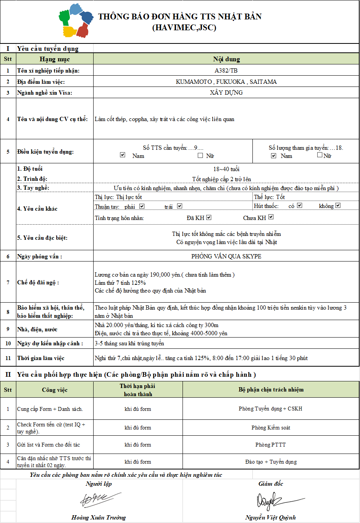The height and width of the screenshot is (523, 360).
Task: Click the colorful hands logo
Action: click(x=76, y=21)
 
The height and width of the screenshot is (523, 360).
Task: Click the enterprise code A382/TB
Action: click(x=226, y=71)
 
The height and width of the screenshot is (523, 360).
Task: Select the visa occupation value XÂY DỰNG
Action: click(x=226, y=93)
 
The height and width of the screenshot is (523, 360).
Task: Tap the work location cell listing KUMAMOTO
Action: click(x=226, y=82)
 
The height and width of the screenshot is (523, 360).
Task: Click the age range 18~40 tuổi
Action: click(x=226, y=169)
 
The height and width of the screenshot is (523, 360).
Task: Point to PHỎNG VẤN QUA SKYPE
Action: click(x=226, y=256)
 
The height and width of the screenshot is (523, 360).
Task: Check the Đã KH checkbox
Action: click(x=209, y=218)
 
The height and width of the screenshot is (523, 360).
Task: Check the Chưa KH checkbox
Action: click(x=271, y=217)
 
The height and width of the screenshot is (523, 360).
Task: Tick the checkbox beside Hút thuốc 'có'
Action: click(x=299, y=206)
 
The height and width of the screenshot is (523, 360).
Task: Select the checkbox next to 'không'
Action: click(x=338, y=206)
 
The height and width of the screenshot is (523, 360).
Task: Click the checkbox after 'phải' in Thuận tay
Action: click(x=142, y=206)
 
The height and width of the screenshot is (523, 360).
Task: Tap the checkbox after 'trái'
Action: click(x=179, y=206)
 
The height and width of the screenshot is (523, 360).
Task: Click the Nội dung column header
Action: click(x=226, y=59)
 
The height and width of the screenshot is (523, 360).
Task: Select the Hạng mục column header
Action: click(x=55, y=59)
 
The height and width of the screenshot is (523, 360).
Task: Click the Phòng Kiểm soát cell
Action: click(x=271, y=428)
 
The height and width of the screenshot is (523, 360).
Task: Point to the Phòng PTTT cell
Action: click(x=271, y=445)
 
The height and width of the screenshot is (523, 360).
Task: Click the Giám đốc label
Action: click(x=271, y=484)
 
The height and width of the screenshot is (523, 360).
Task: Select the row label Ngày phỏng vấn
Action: click(x=40, y=256)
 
